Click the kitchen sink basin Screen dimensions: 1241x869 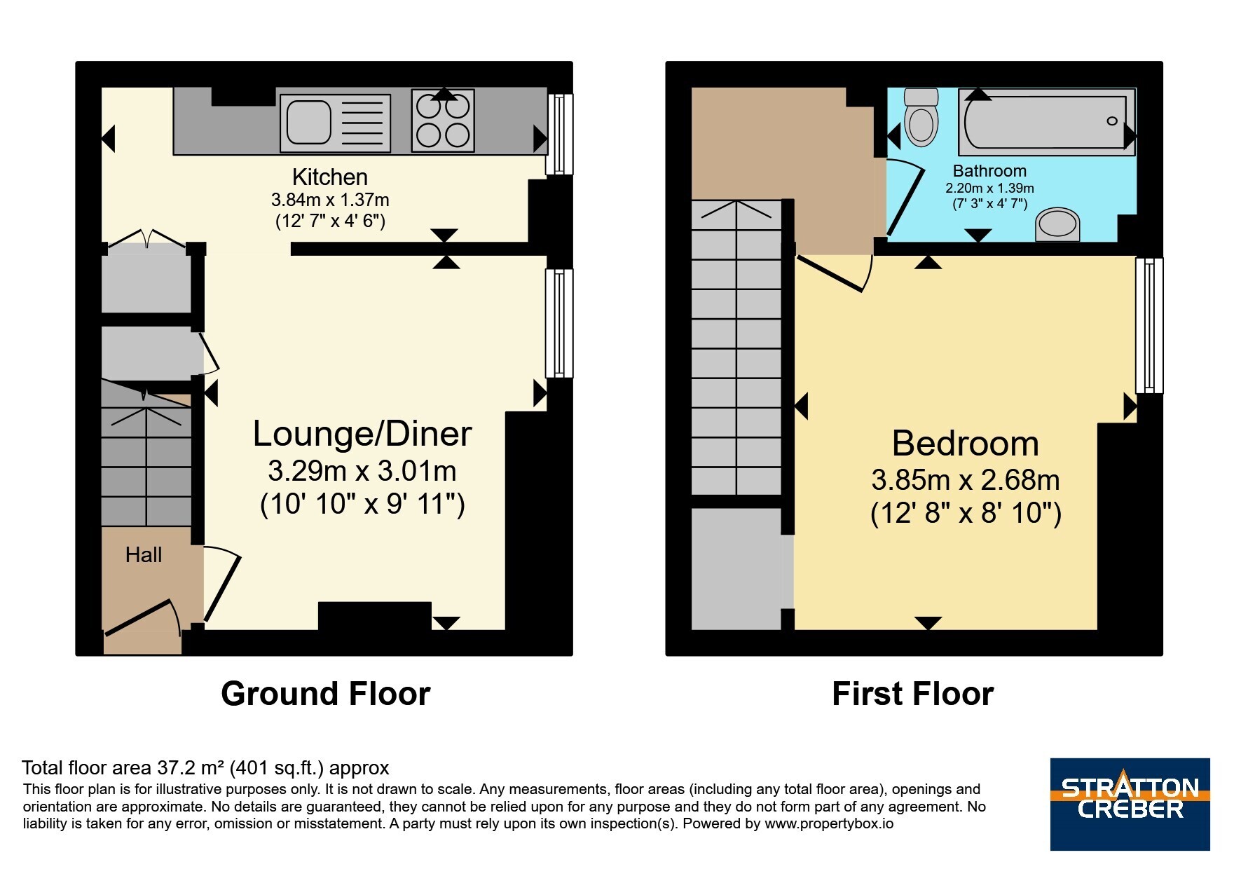pyautogui.click(x=308, y=122)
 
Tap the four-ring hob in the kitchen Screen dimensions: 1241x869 pyautogui.click(x=443, y=121)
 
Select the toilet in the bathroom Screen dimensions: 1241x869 pyautogui.click(x=921, y=117)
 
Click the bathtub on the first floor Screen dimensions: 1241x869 pyautogui.click(x=1047, y=122)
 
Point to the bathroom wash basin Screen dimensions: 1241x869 pyautogui.click(x=1057, y=224)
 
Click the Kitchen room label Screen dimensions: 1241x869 pyautogui.click(x=330, y=177)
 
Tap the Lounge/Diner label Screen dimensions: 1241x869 pyautogui.click(x=362, y=434)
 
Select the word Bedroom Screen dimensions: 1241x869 pyautogui.click(x=965, y=444)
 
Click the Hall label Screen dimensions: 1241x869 pyautogui.click(x=144, y=555)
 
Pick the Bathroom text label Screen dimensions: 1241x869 pyautogui.click(x=989, y=171)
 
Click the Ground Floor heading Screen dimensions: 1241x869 pyautogui.click(x=326, y=694)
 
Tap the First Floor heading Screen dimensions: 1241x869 pyautogui.click(x=913, y=694)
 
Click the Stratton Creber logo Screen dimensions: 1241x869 pyautogui.click(x=1130, y=804)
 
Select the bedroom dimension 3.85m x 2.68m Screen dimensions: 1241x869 pyautogui.click(x=965, y=480)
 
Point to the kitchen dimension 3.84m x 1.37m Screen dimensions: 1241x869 pyautogui.click(x=330, y=200)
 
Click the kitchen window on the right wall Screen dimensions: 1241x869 pyautogui.click(x=558, y=134)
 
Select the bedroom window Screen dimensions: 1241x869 pyautogui.click(x=1149, y=325)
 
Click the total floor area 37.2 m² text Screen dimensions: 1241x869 pyautogui.click(x=205, y=768)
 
